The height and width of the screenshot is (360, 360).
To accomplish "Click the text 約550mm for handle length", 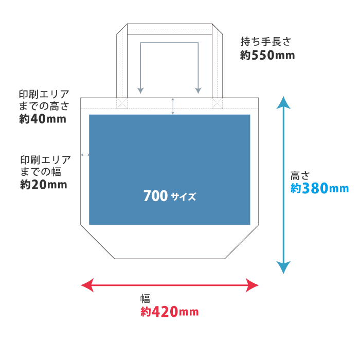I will pyautogui.click(x=267, y=55).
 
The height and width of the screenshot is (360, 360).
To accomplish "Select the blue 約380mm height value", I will pyautogui.click(x=319, y=189).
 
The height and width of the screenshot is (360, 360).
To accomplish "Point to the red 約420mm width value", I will pyautogui.click(x=169, y=312).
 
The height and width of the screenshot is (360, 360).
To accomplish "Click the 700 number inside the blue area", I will pyautogui.click(x=155, y=196).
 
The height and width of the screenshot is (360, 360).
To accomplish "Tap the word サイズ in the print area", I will pyautogui.click(x=184, y=197).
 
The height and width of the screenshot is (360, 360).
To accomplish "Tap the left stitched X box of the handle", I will pyautogui.click(x=121, y=103).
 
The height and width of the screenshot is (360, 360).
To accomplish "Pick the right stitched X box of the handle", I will pyautogui.click(x=217, y=103).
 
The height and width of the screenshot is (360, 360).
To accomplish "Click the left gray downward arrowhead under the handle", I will pyautogui.click(x=140, y=91).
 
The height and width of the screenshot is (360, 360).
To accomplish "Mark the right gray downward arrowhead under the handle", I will pyautogui.click(x=198, y=91).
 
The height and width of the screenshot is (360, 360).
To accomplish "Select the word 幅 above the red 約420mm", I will pyautogui.click(x=145, y=299).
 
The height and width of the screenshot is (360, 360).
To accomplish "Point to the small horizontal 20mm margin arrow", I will pyautogui.click(x=85, y=154).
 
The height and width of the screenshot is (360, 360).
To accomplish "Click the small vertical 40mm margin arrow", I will pyautogui.click(x=173, y=106).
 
